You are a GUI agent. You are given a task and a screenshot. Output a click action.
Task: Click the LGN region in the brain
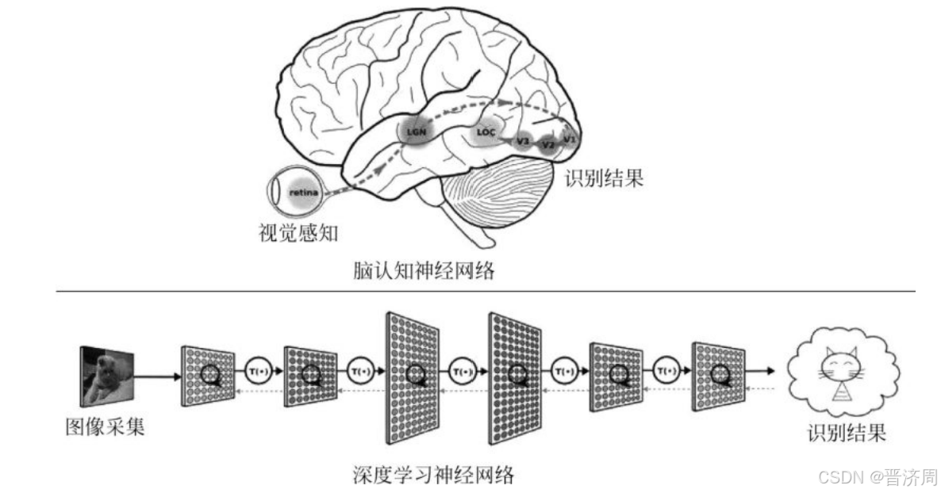click(417, 131)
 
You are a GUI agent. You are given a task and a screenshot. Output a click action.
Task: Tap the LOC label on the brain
click(486, 133)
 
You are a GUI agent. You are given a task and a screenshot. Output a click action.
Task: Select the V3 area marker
click(522, 141)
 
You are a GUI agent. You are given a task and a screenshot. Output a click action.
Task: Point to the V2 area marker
click(547, 145)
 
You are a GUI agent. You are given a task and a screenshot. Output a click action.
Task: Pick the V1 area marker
click(569, 139)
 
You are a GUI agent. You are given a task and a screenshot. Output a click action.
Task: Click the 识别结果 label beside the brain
click(603, 178)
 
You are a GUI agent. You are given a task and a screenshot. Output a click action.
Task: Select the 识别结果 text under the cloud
click(846, 433)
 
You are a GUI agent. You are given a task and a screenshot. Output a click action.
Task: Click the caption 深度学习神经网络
click(433, 475)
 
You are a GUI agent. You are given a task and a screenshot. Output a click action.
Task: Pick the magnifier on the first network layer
click(210, 374)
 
